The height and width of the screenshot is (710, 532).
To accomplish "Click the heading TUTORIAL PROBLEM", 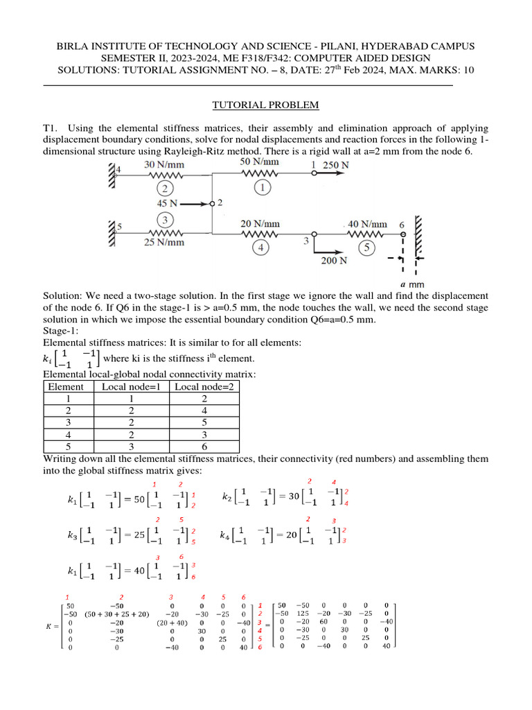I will [265, 105].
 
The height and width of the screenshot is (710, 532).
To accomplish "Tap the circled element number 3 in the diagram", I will [166, 219].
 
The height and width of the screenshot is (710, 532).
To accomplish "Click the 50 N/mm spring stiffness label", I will [260, 162].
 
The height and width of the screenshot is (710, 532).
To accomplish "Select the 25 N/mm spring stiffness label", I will [164, 242].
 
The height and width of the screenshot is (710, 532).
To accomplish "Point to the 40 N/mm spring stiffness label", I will [367, 224].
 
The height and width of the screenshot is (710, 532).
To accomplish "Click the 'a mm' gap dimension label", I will [411, 284].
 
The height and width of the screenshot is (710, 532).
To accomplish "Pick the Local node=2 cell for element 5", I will [202, 447].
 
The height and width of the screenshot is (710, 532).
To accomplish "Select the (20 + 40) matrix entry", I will [171, 623].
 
